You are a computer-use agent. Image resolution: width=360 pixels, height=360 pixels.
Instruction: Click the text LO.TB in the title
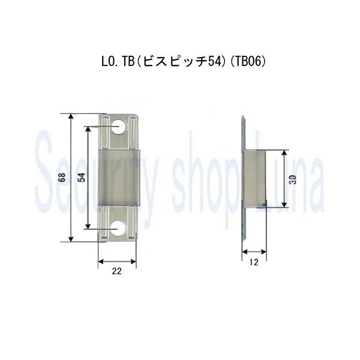click(113, 62)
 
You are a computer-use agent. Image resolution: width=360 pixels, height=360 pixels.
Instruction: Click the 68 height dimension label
click(62, 178)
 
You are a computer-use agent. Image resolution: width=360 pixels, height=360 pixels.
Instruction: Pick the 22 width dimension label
click(117, 271)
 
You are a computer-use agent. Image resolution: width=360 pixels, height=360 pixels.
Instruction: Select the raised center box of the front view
click(119, 178)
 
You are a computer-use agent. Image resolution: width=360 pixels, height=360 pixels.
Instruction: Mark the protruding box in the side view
click(254, 178)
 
